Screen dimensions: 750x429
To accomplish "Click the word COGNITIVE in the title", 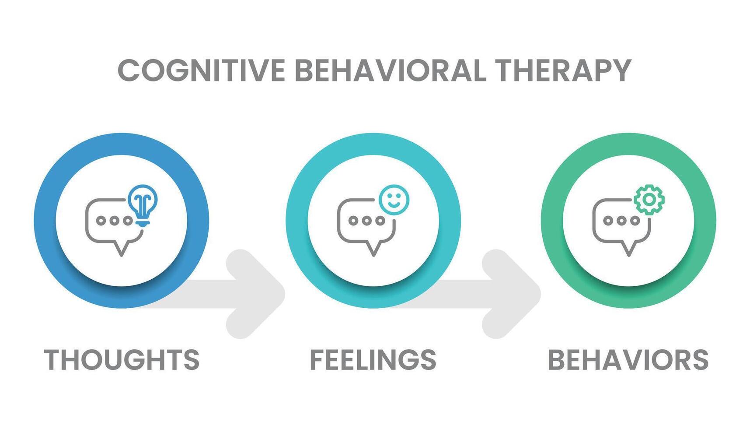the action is point(202,70).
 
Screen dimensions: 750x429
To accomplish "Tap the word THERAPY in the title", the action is point(563,70).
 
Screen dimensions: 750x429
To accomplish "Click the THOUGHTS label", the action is point(122,360).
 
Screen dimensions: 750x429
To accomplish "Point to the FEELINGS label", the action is point(373,360).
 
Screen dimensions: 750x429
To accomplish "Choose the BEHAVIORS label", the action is point(628,360).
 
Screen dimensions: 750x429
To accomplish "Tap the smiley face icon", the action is point(394,200).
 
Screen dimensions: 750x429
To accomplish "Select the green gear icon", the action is point(649,200).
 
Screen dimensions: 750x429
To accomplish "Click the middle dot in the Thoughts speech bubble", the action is point(114,221).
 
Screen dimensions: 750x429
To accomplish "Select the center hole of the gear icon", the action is point(649,200).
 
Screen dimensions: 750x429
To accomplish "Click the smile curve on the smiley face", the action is point(394,204).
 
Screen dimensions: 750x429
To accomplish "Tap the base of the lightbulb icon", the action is point(143,223).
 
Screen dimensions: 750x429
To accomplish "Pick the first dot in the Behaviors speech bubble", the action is point(608,221).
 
